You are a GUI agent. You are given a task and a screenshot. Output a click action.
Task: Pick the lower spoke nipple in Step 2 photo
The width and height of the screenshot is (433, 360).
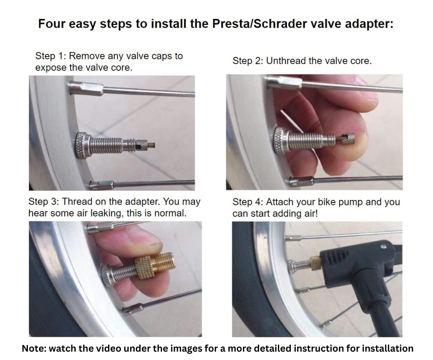(302, 182)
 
